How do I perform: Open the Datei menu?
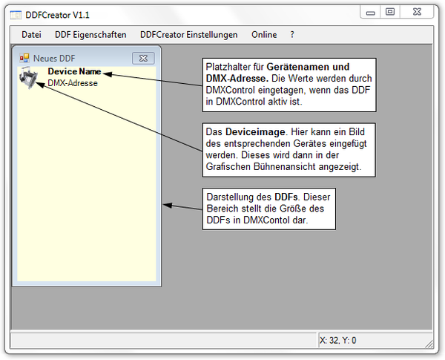(x=31, y=35)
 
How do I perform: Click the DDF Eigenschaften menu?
(x=90, y=35)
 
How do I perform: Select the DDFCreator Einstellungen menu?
(x=188, y=35)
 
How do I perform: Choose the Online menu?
(x=264, y=35)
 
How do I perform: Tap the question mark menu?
(x=292, y=35)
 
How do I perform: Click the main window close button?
(x=417, y=12)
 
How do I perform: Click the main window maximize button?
(x=390, y=12)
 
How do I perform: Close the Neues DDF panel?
(x=143, y=58)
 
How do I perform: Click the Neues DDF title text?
(x=54, y=58)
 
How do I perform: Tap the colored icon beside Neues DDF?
(x=24, y=58)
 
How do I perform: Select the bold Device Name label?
(x=74, y=71)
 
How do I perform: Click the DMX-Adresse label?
(x=73, y=83)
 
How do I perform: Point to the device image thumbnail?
(x=28, y=78)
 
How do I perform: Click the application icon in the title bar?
(x=16, y=15)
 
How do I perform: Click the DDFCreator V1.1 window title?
(x=57, y=15)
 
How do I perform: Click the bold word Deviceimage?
(x=255, y=132)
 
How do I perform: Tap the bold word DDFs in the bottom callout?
(x=286, y=197)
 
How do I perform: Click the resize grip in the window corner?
(x=429, y=344)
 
